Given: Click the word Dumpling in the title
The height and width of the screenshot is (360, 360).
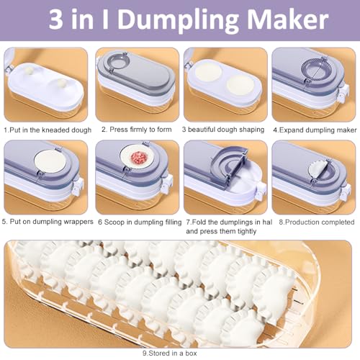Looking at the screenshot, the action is [x=178, y=20].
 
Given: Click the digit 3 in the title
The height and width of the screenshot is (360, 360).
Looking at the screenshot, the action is [x=56, y=19].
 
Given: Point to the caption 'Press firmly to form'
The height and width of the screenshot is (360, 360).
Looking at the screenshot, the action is [x=140, y=130].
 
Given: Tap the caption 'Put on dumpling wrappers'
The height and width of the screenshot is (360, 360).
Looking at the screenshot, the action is [x=51, y=222].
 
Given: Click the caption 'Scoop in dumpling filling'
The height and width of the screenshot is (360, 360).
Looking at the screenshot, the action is [x=143, y=222].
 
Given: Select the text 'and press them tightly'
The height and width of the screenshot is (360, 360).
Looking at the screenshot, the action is [x=221, y=231].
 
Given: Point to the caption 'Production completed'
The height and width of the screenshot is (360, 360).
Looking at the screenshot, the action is [x=320, y=222].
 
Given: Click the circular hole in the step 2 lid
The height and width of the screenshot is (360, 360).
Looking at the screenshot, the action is [x=118, y=63].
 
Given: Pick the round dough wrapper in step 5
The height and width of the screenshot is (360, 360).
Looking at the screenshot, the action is [x=50, y=161].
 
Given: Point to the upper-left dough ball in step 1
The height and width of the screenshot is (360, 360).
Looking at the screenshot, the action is [x=30, y=70].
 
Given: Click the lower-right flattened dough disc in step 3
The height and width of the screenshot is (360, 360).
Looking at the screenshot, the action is [x=240, y=85].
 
